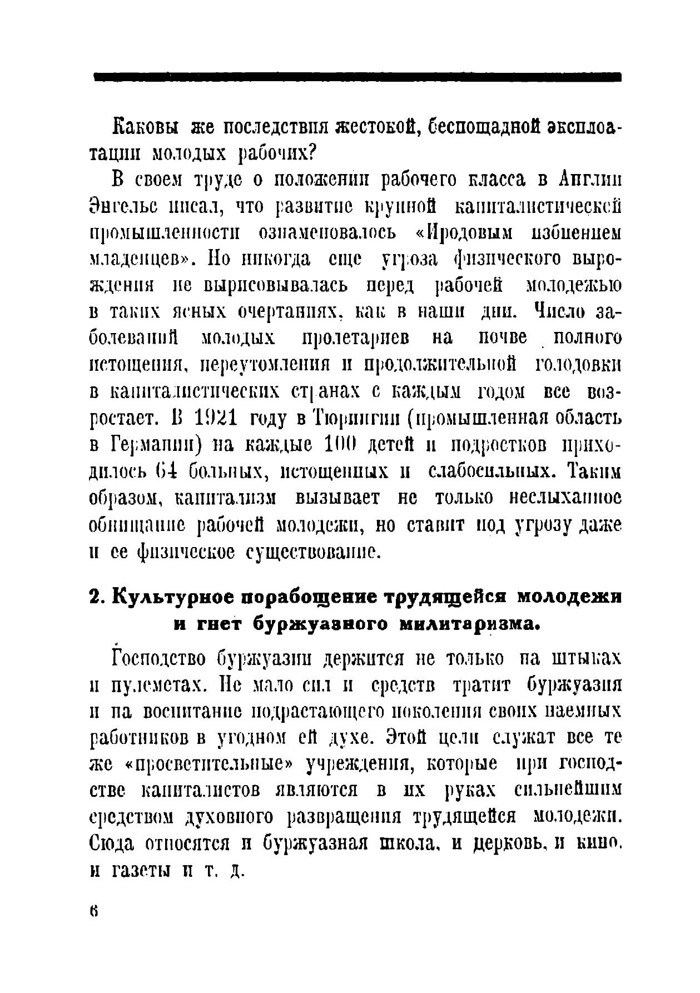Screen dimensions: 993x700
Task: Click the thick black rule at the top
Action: click(358, 77)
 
